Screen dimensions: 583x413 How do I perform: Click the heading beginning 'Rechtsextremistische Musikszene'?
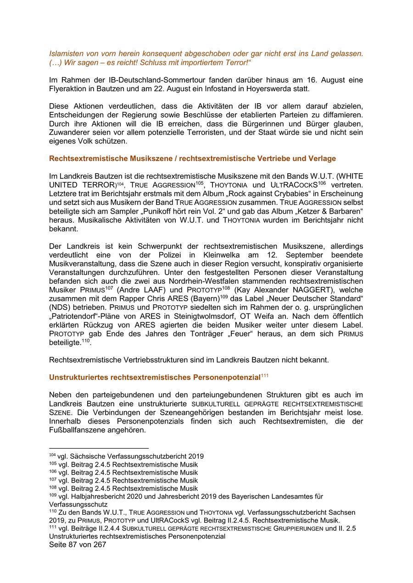[192, 159]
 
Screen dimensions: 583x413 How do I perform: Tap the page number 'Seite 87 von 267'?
[78, 544]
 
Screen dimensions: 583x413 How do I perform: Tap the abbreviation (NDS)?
[60, 308]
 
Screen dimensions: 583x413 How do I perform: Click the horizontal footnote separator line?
[99, 448]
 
